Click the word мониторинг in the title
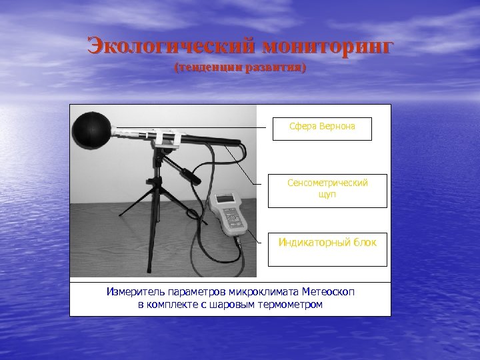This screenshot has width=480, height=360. (x=328, y=47)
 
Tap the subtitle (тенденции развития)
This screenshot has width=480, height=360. (x=240, y=68)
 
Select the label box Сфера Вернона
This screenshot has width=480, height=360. (x=322, y=129)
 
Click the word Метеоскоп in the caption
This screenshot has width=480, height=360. (x=333, y=291)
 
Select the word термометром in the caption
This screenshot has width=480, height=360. (x=292, y=305)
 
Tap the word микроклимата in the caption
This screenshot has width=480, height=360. (x=263, y=291)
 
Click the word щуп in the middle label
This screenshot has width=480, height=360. (x=327, y=194)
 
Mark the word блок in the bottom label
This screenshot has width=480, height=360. (x=364, y=242)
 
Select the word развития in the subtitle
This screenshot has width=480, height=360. (x=277, y=68)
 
